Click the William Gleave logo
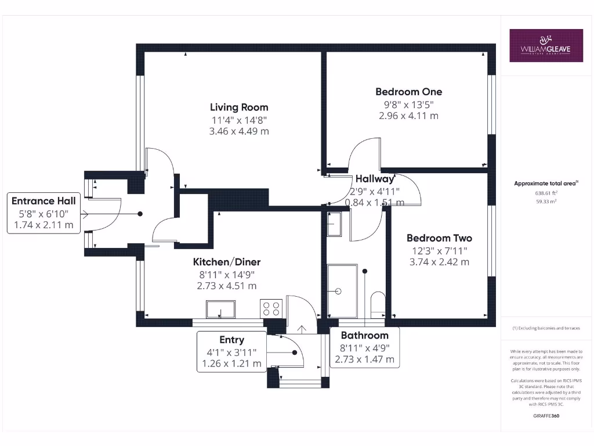coord(546,45)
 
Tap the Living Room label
coord(239,107)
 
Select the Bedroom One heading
coord(408,92)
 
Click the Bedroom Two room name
coord(439,238)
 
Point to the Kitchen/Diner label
coord(227,262)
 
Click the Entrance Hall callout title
coord(44,201)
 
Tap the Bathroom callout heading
coord(364,336)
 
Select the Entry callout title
coord(231,340)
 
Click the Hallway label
coord(375,179)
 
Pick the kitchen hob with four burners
coord(271,308)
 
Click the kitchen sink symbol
coord(221,308)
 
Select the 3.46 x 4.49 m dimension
coord(239,131)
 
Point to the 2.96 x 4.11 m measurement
coord(408,116)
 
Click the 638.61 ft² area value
coord(545,193)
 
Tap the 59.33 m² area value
coord(545,202)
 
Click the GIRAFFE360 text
coord(545,416)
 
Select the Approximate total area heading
coord(545,184)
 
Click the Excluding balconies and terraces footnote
coord(545,329)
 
